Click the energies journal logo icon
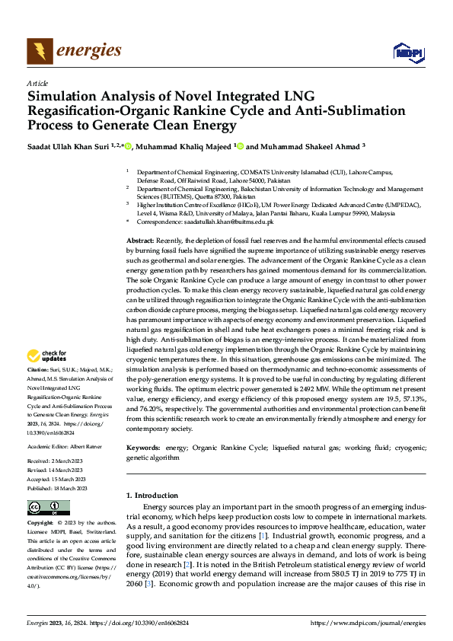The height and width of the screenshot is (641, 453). click(39, 51)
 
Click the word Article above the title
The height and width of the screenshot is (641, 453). click(37, 83)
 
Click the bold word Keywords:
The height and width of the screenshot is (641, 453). click(144, 448)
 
